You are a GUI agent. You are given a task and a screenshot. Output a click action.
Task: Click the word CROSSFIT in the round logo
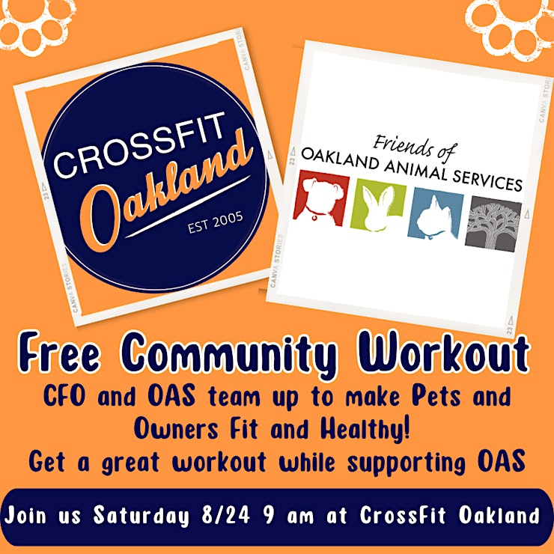139,144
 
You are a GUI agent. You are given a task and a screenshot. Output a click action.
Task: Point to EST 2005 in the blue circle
215,222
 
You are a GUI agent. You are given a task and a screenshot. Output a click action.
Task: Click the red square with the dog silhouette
321,198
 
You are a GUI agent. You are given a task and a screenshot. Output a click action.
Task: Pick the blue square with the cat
435,214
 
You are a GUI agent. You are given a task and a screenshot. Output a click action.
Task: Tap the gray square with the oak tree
493,224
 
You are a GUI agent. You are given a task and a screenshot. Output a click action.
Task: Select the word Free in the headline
59,352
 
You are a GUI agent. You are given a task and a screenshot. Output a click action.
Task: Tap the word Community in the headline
230,353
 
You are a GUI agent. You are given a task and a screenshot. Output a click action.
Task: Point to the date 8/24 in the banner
225,515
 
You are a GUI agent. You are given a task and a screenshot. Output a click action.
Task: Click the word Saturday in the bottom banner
141,517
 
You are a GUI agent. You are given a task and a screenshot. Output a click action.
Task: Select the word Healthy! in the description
365,429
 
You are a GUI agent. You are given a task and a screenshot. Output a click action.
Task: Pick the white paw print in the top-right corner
512,28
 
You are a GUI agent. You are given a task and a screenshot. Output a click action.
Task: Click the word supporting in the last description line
407,463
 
